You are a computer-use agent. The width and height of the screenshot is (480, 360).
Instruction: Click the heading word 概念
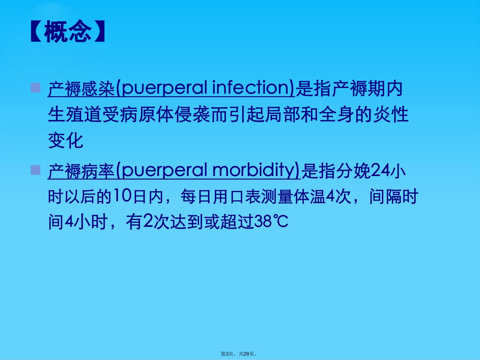pyautogui.click(x=68, y=31)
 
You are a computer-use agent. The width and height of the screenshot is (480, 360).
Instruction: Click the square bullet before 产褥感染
pyautogui.click(x=35, y=88)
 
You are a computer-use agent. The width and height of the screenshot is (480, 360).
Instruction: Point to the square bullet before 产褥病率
pyautogui.click(x=35, y=170)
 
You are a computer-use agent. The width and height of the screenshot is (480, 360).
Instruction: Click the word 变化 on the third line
pyautogui.click(x=66, y=141)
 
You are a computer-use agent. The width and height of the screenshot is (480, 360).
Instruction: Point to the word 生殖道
pyautogui.click(x=75, y=114)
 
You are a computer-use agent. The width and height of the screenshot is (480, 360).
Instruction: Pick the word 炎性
pyautogui.click(x=391, y=114)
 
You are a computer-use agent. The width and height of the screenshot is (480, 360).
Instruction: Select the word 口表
pyautogui.click(x=245, y=196)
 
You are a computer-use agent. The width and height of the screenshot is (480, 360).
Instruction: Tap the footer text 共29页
pyautogui.click(x=246, y=354)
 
